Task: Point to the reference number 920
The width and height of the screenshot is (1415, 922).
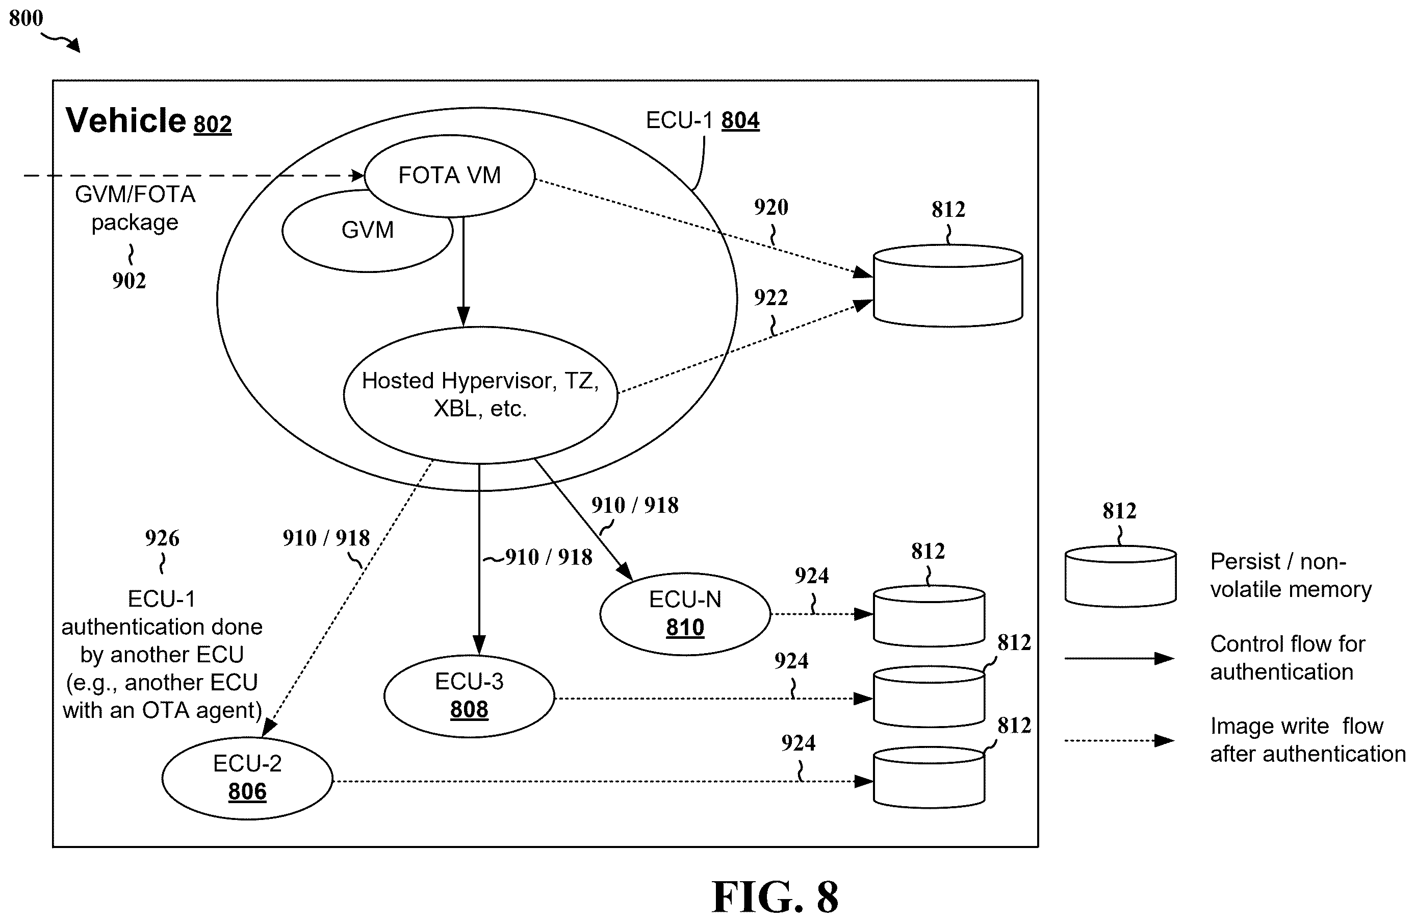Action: point(771,207)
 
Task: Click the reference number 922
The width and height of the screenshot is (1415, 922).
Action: point(771,297)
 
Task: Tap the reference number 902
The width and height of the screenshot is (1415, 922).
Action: point(129,281)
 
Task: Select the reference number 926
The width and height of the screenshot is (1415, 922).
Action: point(162,538)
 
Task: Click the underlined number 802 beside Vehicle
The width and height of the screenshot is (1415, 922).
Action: point(212,124)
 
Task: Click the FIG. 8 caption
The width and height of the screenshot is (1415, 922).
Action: point(775,897)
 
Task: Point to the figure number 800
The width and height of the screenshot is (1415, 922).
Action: point(26,18)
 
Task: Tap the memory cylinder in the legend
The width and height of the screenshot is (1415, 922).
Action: point(1120,577)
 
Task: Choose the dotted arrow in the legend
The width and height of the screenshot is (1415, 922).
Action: point(1119,740)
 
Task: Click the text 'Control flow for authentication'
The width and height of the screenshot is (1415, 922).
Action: point(1288,658)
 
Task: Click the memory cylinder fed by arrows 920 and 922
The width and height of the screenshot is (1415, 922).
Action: point(948,286)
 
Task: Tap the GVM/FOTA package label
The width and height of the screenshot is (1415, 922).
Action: point(135,208)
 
